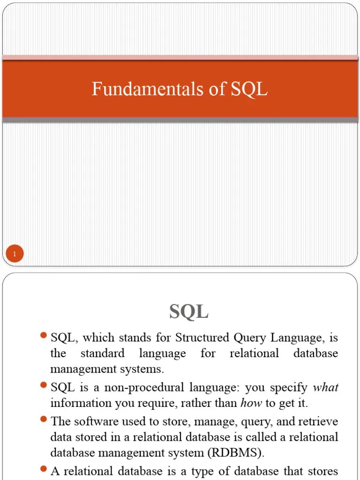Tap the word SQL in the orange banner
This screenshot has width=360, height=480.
tap(249, 89)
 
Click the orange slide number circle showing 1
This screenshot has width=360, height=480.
tap(15, 255)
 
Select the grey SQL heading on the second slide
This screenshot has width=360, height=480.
tap(189, 311)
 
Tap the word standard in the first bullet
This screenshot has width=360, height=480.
tap(102, 353)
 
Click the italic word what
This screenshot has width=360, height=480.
tap(325, 387)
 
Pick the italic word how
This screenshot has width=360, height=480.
tap(251, 403)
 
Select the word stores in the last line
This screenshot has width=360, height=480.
tap(323, 471)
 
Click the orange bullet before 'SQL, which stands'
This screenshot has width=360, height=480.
tap(44, 336)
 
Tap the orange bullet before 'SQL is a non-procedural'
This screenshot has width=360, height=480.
tap(44, 385)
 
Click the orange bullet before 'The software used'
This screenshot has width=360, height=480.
tap(44, 420)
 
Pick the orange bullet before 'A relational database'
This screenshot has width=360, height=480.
tap(44, 469)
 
